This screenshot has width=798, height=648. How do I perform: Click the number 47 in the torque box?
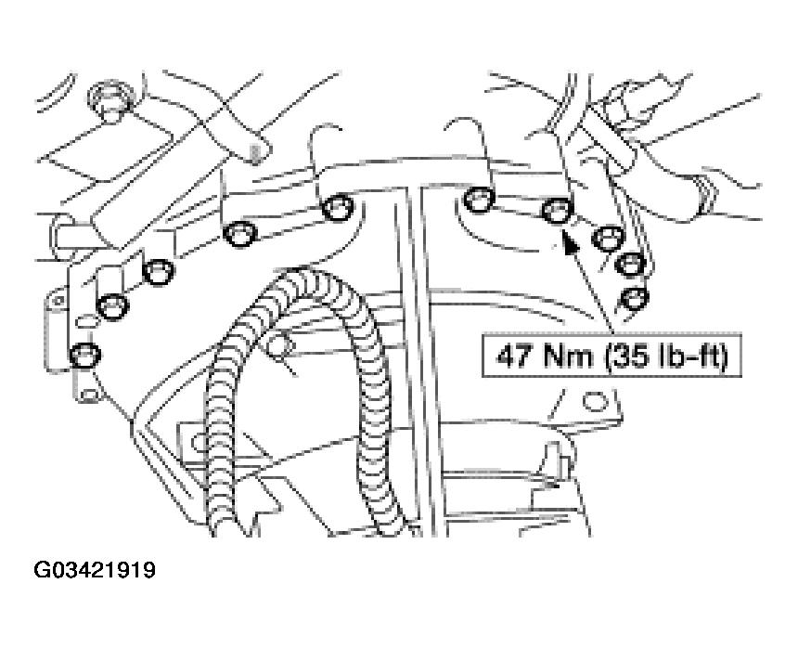click(514, 356)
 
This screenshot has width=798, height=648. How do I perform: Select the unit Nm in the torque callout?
click(569, 356)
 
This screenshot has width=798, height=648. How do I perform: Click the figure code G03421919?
click(94, 570)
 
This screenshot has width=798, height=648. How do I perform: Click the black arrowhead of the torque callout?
click(570, 241)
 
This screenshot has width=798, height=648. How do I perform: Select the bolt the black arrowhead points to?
click(557, 210)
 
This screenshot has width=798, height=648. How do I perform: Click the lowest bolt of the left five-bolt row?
click(85, 355)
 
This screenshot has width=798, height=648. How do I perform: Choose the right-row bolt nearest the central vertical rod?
click(480, 199)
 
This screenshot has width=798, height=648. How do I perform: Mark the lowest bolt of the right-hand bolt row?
click(635, 298)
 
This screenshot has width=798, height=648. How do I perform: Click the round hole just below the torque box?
click(595, 402)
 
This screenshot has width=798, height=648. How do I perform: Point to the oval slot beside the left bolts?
click(87, 322)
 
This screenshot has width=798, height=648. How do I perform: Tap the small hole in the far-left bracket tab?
click(58, 301)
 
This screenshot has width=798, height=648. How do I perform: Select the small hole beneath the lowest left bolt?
click(89, 394)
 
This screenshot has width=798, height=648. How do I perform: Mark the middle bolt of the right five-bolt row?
click(608, 240)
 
